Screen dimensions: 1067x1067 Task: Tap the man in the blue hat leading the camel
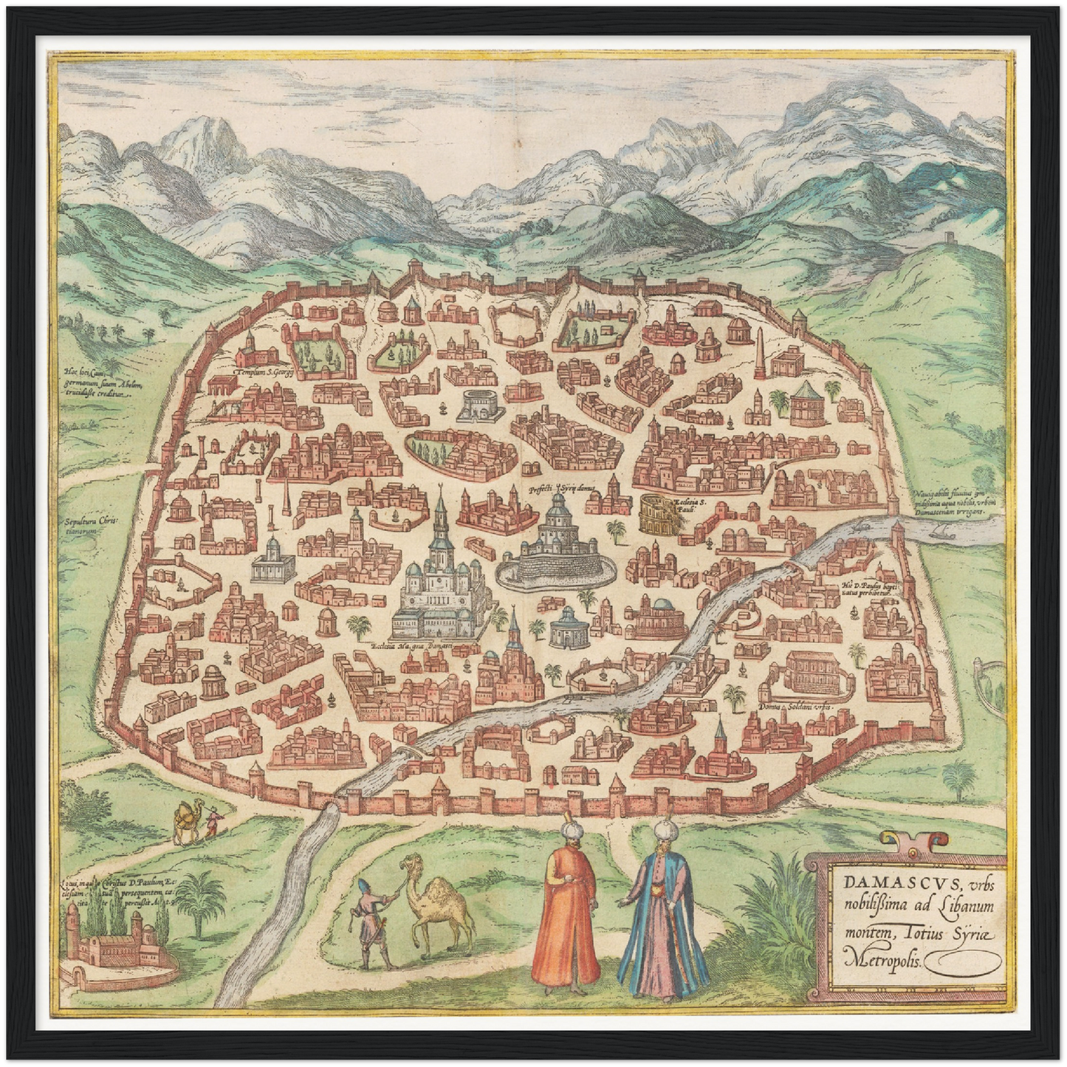(368, 923)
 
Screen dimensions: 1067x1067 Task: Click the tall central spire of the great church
(441, 521)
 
